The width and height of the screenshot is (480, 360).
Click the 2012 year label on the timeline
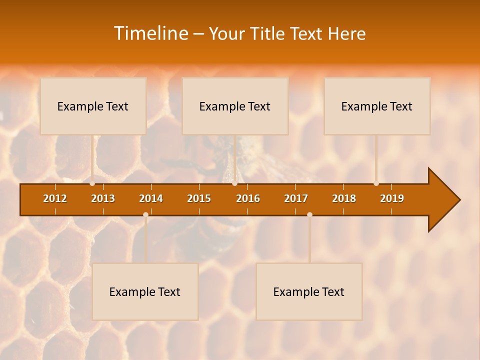click(x=55, y=198)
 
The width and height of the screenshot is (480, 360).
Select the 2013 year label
click(x=103, y=198)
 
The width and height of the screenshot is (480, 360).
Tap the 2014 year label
click(x=151, y=198)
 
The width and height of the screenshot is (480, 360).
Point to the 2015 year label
click(x=199, y=198)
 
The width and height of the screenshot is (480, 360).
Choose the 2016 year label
click(x=248, y=198)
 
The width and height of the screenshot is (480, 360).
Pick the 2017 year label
click(x=296, y=198)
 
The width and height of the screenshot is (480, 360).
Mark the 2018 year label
click(x=344, y=198)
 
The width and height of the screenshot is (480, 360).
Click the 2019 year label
click(x=392, y=198)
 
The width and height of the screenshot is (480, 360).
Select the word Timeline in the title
click(x=150, y=33)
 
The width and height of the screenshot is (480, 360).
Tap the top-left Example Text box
click(x=93, y=106)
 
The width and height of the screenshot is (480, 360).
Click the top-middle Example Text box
click(x=235, y=106)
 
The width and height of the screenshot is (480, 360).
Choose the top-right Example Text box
click(x=377, y=106)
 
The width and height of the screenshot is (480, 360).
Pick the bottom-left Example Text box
click(x=145, y=291)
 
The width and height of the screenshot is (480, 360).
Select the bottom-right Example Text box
click(x=309, y=291)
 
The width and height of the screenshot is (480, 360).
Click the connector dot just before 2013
click(x=92, y=183)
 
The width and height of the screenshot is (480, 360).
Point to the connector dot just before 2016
click(x=235, y=183)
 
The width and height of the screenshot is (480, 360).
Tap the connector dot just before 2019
click(x=376, y=183)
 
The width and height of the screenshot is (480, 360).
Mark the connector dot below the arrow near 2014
click(x=145, y=214)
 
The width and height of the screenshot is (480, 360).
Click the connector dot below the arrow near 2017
click(x=309, y=214)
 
